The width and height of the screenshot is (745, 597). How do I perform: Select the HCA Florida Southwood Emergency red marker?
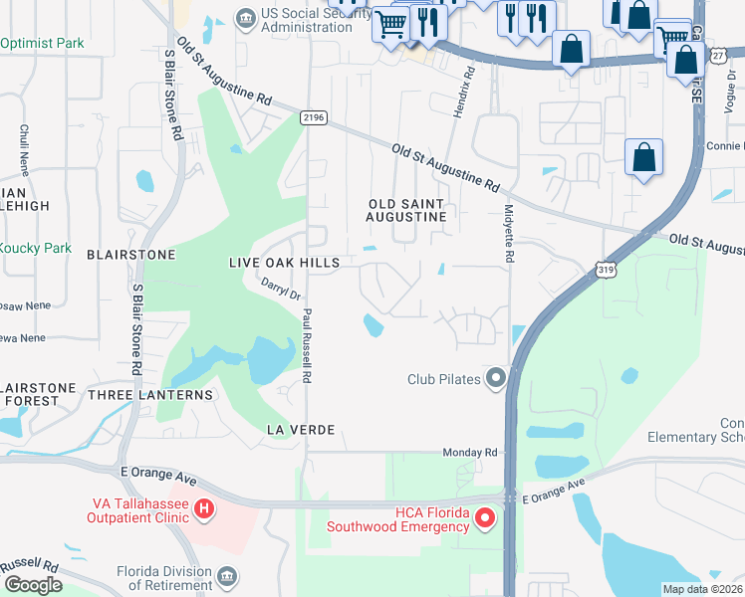coord(485,517)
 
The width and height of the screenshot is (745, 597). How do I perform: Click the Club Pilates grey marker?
coord(495,378)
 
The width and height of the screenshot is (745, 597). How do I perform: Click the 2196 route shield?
coord(313,117)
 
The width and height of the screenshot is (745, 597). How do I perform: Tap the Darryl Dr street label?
coord(281,289)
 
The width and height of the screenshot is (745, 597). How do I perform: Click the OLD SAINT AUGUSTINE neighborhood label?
coord(405,209)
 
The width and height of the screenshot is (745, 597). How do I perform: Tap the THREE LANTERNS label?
coord(164,395)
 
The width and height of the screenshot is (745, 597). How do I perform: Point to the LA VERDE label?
coord(299,429)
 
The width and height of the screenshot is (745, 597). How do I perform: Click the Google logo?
coord(32,585)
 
